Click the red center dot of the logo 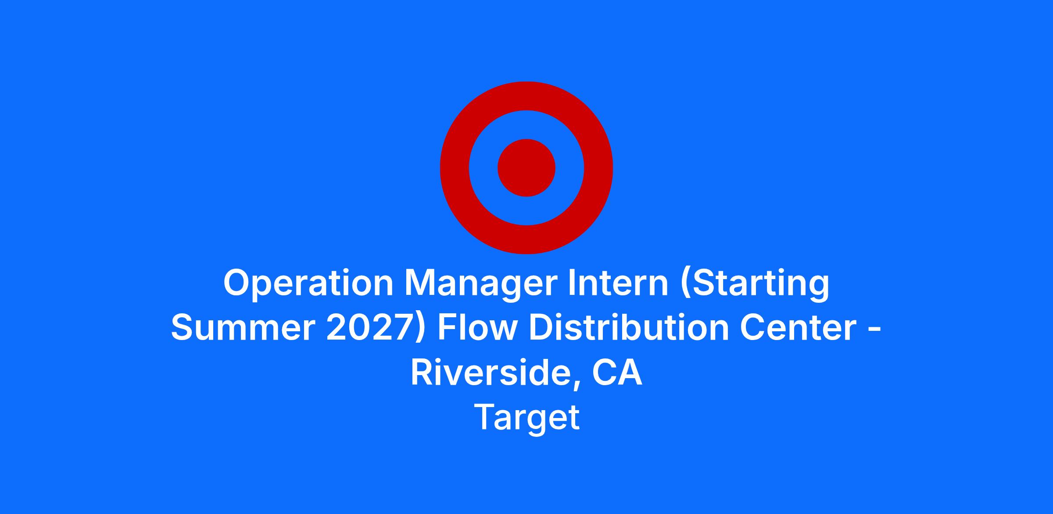526,168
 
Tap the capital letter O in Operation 237,283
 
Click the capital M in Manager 420,283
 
